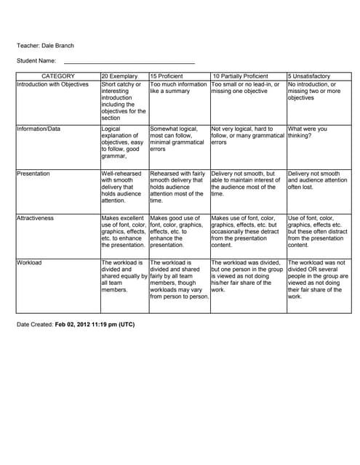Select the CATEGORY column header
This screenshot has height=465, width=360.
click(x=57, y=76)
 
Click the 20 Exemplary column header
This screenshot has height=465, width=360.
click(x=120, y=76)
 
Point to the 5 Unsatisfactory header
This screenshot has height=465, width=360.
click(x=309, y=76)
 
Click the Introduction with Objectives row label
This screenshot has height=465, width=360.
click(x=53, y=84)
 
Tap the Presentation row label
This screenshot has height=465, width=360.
click(x=33, y=174)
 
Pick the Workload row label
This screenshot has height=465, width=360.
click(x=30, y=262)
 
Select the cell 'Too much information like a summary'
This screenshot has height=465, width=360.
click(x=178, y=88)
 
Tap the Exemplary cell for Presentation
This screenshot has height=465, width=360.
click(x=123, y=187)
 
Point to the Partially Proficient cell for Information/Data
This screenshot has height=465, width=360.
click(x=246, y=136)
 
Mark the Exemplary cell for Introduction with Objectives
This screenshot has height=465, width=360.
click(x=123, y=101)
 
